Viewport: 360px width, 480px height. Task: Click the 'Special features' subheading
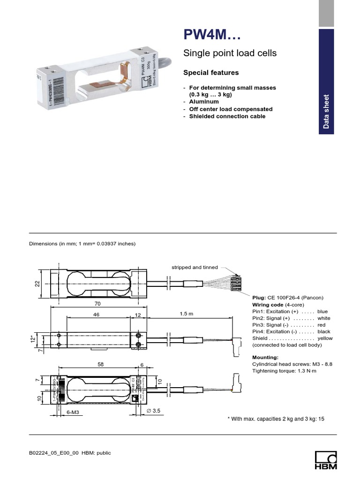[x=210, y=73]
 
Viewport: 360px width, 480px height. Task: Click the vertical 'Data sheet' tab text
[x=326, y=112]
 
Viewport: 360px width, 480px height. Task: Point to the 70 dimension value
[x=97, y=304]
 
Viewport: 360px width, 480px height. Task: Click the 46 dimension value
[x=97, y=315]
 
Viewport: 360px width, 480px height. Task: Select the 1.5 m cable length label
[x=186, y=314]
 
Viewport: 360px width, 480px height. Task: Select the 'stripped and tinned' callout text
[x=195, y=267]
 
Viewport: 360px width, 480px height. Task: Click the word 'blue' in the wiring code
[x=322, y=311]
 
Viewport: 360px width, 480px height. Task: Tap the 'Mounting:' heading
[x=265, y=358]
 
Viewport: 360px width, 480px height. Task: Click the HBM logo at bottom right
[x=325, y=459]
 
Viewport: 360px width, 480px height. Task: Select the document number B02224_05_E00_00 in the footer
[x=54, y=453]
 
